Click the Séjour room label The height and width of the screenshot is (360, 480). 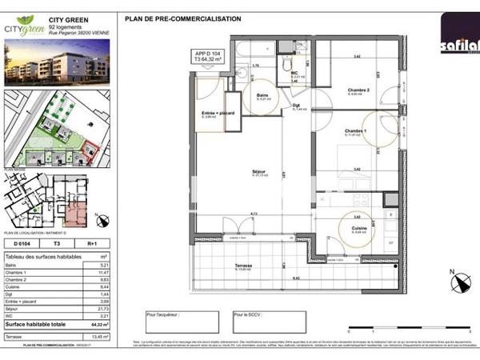(x=258, y=172)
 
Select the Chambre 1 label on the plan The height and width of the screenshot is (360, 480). (x=355, y=131)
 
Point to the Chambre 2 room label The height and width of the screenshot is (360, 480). (x=358, y=90)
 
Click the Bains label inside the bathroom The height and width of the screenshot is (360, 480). (x=262, y=94)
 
